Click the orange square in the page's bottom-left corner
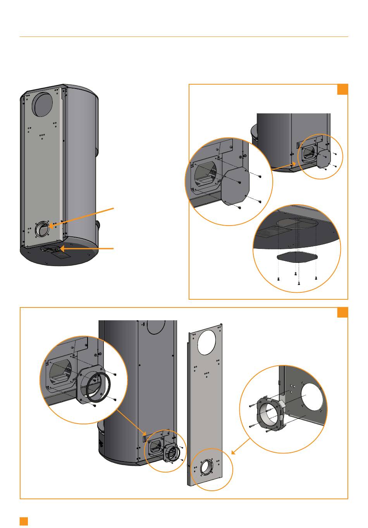pyautogui.click(x=24, y=521)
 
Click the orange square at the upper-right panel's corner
pyautogui.click(x=342, y=89)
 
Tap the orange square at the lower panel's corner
pyautogui.click(x=342, y=313)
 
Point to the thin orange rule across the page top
pyautogui.click(x=184, y=37)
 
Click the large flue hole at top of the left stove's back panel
pyautogui.click(x=43, y=104)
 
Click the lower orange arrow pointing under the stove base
pyautogui.click(x=87, y=248)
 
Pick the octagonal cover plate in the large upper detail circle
pyautogui.click(x=236, y=185)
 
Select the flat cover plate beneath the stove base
pyautogui.click(x=297, y=257)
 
